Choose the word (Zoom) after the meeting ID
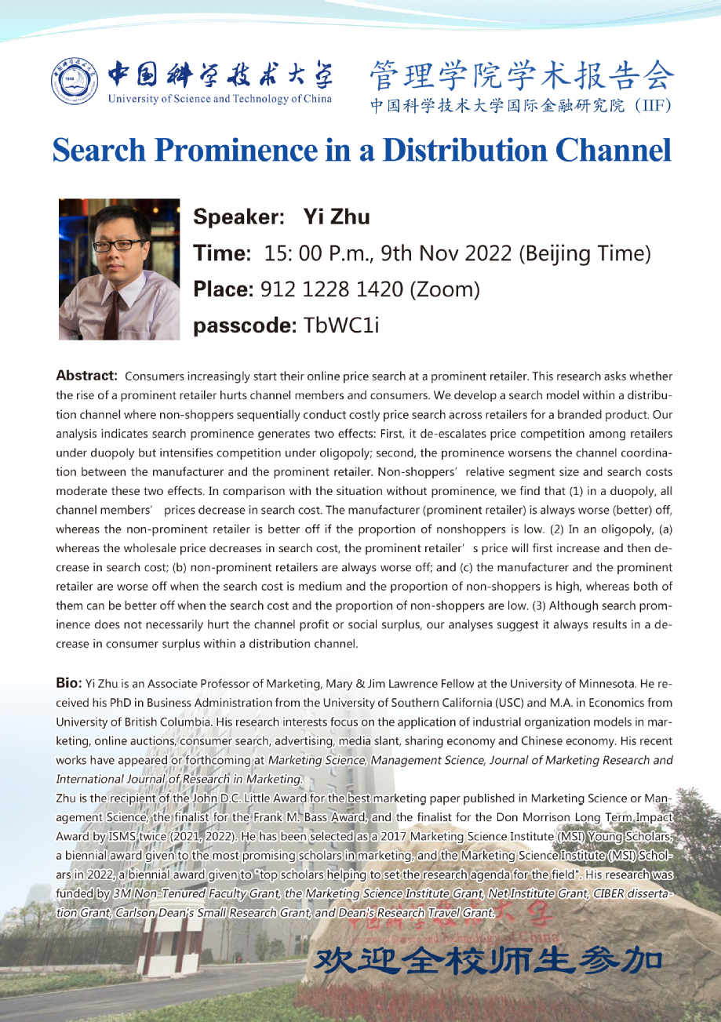point(444,289)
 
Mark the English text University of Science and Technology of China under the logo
point(220,99)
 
